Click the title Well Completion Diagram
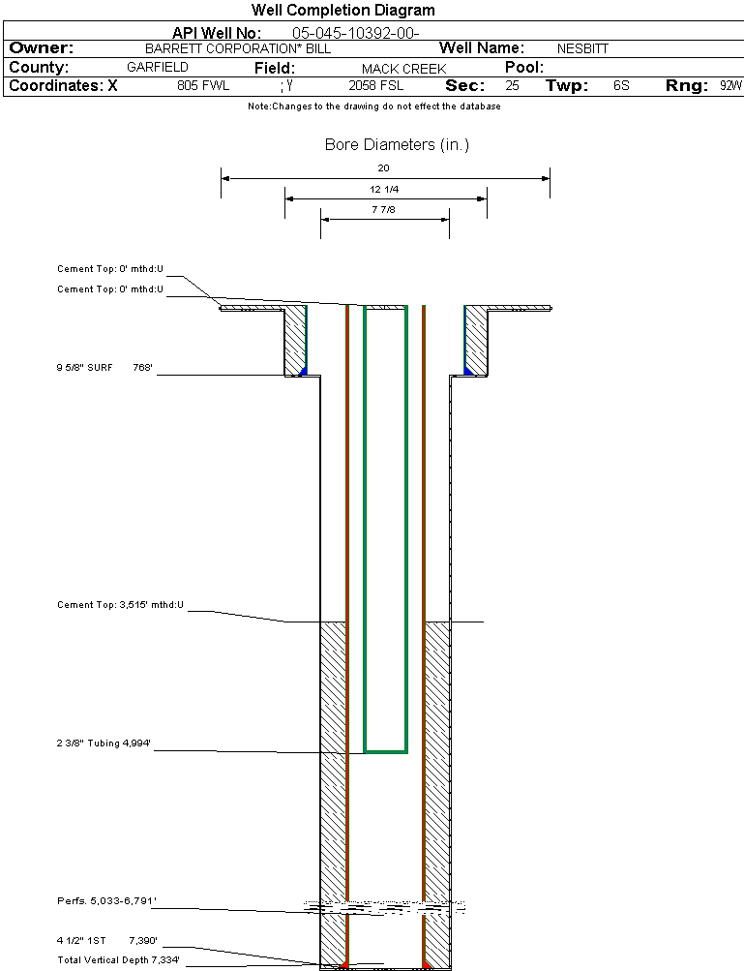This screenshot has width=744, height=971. click(x=342, y=11)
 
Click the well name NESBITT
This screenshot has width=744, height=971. click(x=582, y=48)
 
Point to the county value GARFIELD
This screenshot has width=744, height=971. click(x=158, y=68)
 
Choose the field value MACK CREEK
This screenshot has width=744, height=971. click(x=403, y=69)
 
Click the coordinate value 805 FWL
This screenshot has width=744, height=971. click(x=203, y=86)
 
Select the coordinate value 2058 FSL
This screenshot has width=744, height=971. click(x=375, y=86)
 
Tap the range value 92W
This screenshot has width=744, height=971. click(x=730, y=86)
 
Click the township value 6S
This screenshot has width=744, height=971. click(x=621, y=86)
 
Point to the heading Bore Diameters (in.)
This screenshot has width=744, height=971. click(x=397, y=145)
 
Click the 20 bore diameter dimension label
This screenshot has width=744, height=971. click(x=384, y=167)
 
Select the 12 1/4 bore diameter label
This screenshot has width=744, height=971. click(x=384, y=189)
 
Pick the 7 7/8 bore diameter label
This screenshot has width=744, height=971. click(x=384, y=209)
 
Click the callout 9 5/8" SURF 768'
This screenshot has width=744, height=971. click(x=105, y=367)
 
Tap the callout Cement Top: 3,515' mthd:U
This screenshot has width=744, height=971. click(x=120, y=605)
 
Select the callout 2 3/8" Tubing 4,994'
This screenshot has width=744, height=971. click(x=104, y=743)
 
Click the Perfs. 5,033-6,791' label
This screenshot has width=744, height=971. click(x=106, y=901)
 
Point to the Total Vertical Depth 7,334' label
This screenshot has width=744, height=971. click(x=118, y=959)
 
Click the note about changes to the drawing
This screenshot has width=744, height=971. click(x=373, y=106)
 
